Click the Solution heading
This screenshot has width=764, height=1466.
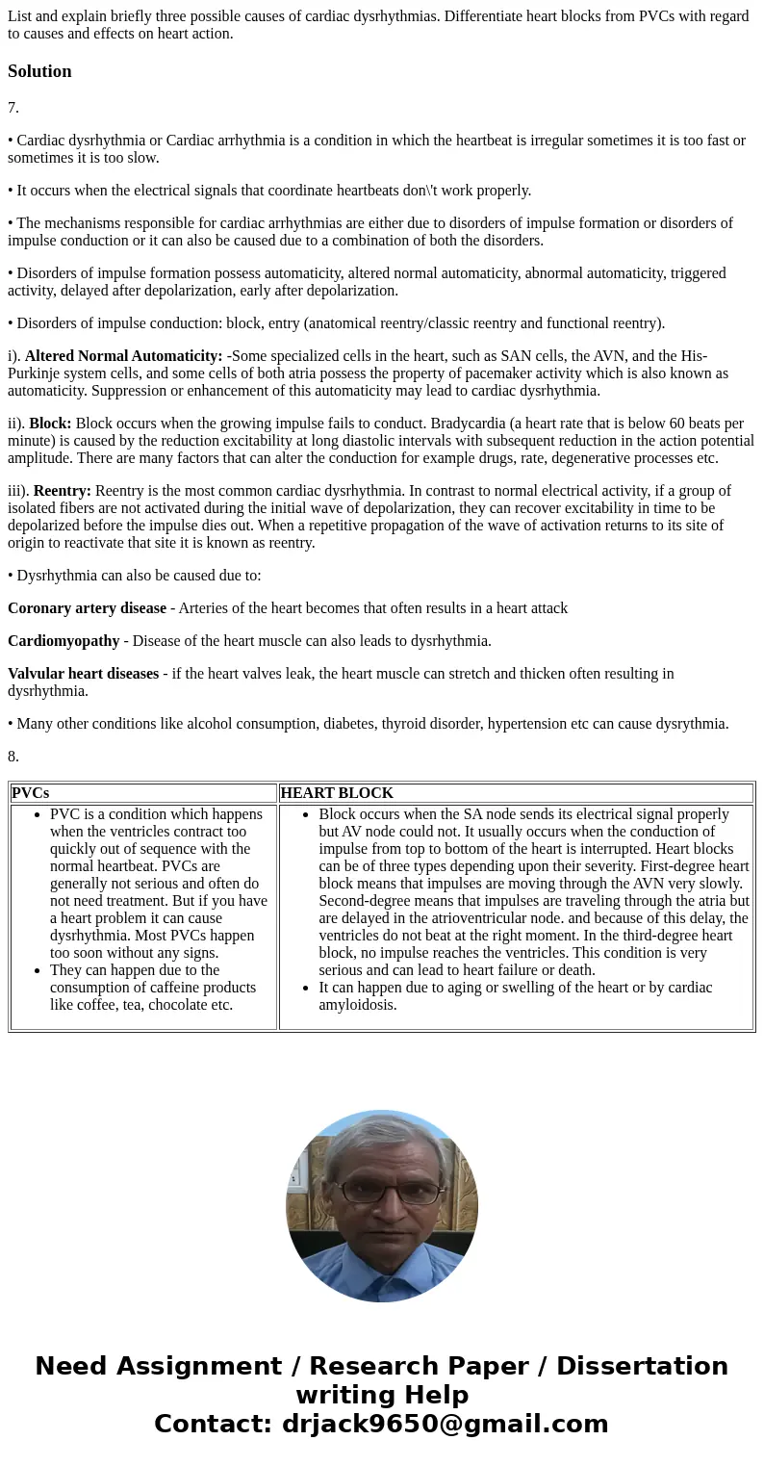(39, 71)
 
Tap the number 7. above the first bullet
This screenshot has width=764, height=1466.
(13, 108)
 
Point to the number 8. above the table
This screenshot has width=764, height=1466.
(13, 757)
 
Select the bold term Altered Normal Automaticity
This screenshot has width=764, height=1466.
(123, 356)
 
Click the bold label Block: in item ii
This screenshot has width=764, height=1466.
(50, 424)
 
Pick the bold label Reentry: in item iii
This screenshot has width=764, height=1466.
(62, 491)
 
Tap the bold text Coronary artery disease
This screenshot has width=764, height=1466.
(87, 608)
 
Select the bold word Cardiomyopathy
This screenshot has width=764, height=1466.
(64, 641)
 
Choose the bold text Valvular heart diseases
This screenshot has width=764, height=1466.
(83, 674)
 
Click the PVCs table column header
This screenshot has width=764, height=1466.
(31, 793)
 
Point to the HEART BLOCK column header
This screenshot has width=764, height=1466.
(337, 793)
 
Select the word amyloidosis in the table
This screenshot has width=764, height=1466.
(358, 1005)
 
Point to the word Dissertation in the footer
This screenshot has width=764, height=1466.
(642, 1367)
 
